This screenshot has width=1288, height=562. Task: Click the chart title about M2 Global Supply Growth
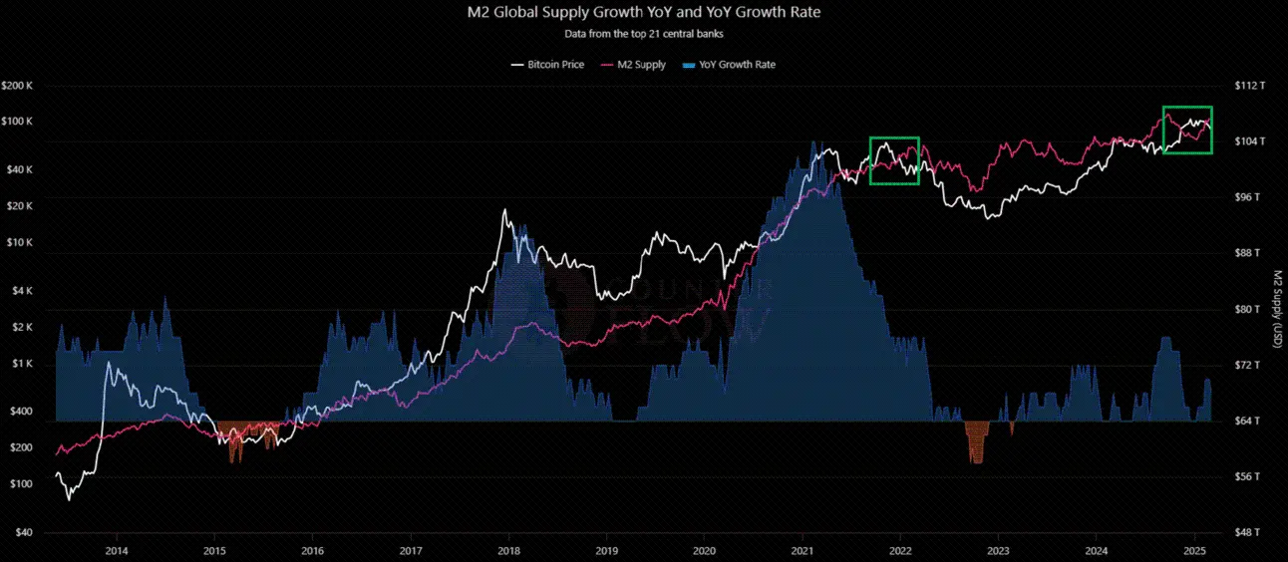[643, 13]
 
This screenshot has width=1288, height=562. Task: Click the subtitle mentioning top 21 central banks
[643, 33]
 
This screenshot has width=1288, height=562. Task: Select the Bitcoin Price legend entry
[547, 65]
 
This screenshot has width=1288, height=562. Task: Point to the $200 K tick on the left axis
[19, 86]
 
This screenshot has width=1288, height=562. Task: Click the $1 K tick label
[23, 365]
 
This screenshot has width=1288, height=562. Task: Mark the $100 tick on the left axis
[22, 484]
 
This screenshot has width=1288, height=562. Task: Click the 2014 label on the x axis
[117, 550]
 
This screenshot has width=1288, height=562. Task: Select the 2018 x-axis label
[508, 550]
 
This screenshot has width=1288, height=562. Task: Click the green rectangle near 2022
[894, 160]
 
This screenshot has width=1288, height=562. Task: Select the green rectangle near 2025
[1187, 130]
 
